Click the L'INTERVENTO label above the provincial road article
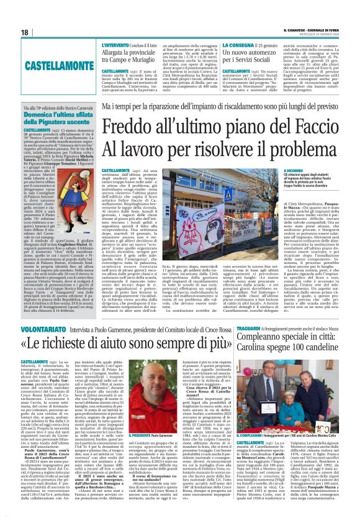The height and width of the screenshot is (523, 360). point(114,46)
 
